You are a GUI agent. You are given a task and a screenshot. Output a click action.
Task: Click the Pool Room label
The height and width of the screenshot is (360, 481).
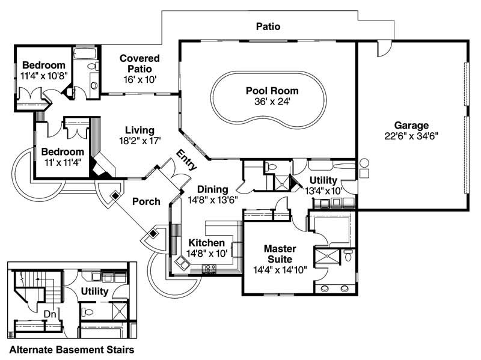tap(272, 91)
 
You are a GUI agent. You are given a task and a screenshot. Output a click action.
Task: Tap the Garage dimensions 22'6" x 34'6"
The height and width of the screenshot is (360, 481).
tap(411, 136)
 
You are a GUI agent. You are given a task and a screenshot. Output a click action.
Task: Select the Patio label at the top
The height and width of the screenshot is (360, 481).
tap(268, 26)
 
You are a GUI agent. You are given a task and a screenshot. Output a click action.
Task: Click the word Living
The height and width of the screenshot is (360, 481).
tap(139, 130)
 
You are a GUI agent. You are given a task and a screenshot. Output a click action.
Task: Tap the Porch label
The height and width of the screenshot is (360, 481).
tap(146, 201)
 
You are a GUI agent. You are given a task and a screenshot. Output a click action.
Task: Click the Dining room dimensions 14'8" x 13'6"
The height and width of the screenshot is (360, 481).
tap(212, 200)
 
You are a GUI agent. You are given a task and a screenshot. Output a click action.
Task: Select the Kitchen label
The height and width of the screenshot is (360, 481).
tap(207, 242)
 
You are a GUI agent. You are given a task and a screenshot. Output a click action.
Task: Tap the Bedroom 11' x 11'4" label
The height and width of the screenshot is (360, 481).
tap(63, 152)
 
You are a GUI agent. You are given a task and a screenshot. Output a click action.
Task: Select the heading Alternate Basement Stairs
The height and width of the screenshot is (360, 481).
tap(70, 349)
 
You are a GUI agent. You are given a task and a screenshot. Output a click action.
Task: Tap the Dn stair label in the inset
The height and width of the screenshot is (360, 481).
tap(51, 313)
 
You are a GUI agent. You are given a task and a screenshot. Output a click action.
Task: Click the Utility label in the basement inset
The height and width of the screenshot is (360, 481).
tap(94, 291)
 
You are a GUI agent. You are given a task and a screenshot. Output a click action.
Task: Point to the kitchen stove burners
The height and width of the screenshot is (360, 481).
tap(210, 269)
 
